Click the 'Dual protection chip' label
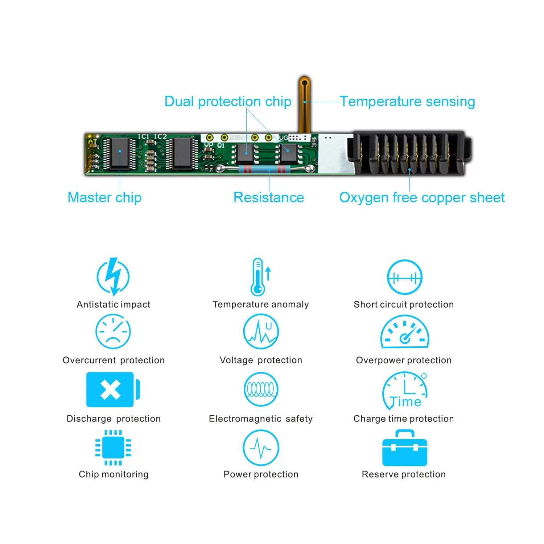(x=228, y=102)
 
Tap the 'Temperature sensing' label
(x=407, y=102)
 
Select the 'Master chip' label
(x=104, y=198)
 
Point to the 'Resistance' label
(x=269, y=198)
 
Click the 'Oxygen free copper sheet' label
(x=422, y=198)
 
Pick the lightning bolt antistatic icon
(x=114, y=277)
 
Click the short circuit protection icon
(x=404, y=277)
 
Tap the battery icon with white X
(x=112, y=390)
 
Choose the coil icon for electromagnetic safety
(x=261, y=390)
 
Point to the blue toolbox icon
(x=404, y=448)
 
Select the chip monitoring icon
(x=113, y=448)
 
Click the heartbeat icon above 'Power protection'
(x=261, y=448)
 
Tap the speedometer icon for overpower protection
(x=404, y=332)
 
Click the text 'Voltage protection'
(x=261, y=360)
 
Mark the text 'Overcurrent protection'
(x=114, y=360)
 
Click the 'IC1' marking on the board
(x=144, y=136)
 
